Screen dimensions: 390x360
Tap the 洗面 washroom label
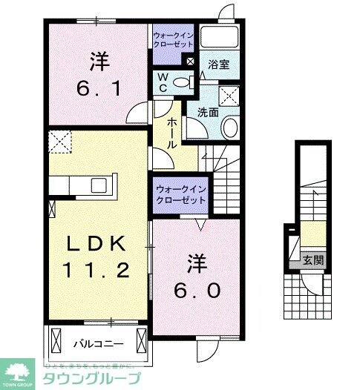tap(208, 113)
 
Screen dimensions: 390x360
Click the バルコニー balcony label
tap(93, 344)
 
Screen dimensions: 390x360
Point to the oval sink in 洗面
tap(229, 128)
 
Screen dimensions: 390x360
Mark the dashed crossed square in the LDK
tap(59, 140)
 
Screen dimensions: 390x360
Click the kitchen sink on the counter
tap(97, 185)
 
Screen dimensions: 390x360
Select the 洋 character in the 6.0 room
tap(196, 262)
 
